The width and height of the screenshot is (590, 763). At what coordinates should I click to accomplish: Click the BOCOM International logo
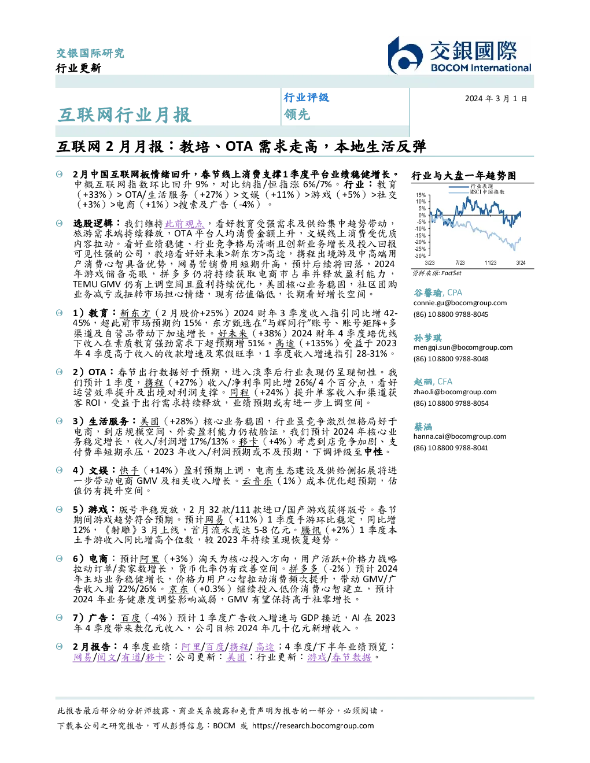click(459, 56)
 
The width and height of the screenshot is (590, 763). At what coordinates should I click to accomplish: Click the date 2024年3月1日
click(496, 99)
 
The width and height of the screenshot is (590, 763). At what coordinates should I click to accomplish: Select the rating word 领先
click(297, 114)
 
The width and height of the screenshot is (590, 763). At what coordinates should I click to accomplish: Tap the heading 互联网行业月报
click(125, 115)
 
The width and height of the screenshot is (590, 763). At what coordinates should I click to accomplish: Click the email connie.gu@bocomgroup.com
click(460, 303)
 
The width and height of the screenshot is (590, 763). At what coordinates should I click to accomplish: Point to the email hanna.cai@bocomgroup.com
click(460, 436)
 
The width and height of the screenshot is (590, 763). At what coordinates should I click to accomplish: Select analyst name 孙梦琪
click(427, 338)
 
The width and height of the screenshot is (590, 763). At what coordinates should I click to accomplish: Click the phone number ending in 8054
click(451, 403)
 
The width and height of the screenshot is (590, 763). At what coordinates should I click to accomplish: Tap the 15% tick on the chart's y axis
click(421, 195)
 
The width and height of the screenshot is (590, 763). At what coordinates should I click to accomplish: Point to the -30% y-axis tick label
click(421, 255)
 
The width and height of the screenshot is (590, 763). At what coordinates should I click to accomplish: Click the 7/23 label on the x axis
click(460, 262)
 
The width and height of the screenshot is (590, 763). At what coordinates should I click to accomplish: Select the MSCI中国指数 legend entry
click(487, 192)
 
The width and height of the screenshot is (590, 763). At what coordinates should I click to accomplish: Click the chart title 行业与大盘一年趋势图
click(464, 176)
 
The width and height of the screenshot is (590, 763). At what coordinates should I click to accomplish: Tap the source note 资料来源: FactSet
click(437, 273)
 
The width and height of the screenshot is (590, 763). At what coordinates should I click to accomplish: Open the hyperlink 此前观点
click(184, 224)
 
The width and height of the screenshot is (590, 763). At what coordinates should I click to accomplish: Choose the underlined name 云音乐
click(257, 481)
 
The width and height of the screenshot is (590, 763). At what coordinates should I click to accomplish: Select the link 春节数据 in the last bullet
click(351, 657)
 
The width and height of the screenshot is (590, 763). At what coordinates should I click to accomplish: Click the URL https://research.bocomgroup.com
click(313, 725)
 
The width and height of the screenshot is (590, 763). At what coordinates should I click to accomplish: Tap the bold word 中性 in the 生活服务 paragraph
click(373, 451)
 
